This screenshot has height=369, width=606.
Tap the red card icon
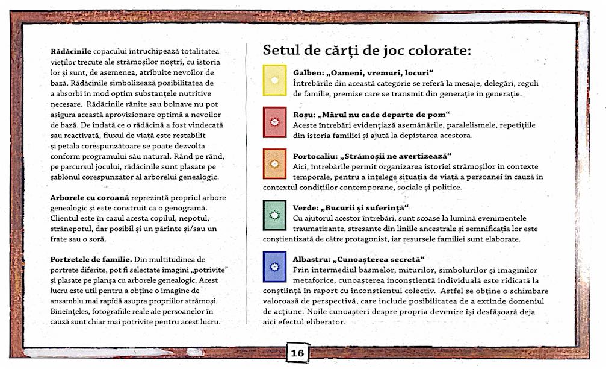[275, 123]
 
